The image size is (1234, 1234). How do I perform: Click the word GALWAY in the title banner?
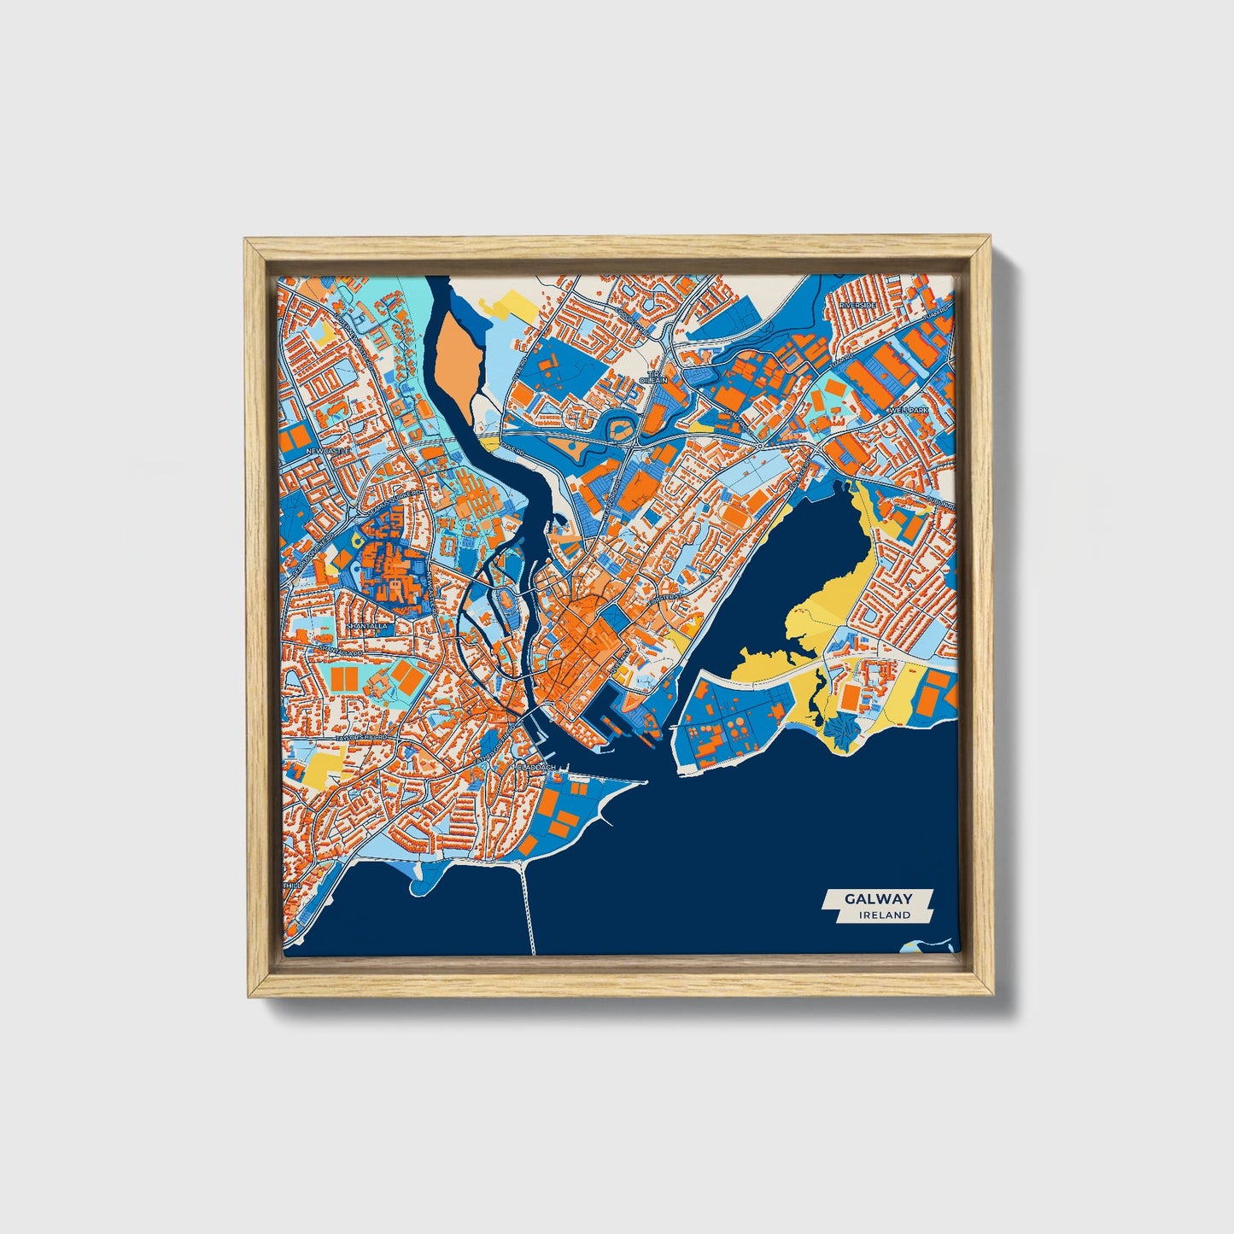click(878, 898)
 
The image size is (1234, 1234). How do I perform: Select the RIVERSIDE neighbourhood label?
click(859, 305)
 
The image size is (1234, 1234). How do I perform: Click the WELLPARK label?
click(907, 411)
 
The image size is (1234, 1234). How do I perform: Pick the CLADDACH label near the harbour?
click(537, 767)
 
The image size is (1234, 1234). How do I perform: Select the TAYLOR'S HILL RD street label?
click(363, 736)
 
